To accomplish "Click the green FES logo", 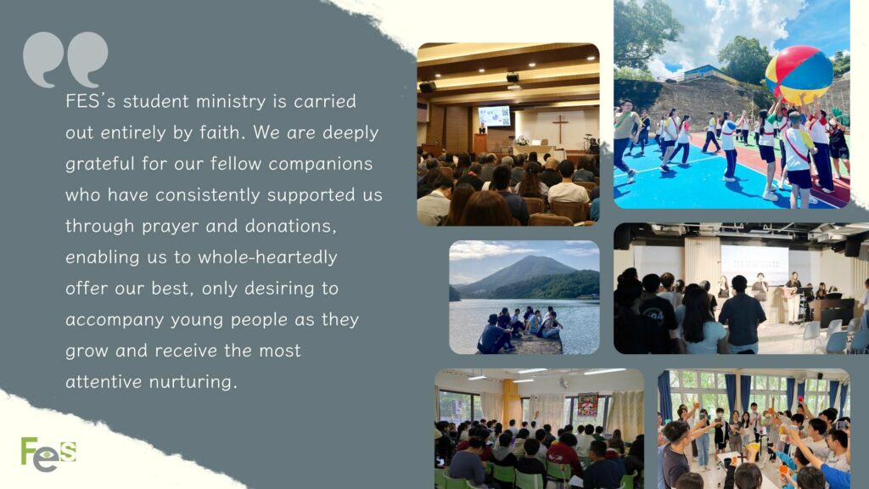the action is tap(48, 454).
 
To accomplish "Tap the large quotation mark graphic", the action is tap(65, 59).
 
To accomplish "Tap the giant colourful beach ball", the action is tap(799, 75).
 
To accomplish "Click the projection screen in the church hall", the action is tap(494, 115).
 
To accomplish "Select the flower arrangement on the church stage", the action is tap(521, 140).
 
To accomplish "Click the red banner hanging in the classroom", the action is tap(588, 404).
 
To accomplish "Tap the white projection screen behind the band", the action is tap(754, 265).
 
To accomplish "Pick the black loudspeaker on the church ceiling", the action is tap(428, 87).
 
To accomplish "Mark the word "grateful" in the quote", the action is tap(99, 164).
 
